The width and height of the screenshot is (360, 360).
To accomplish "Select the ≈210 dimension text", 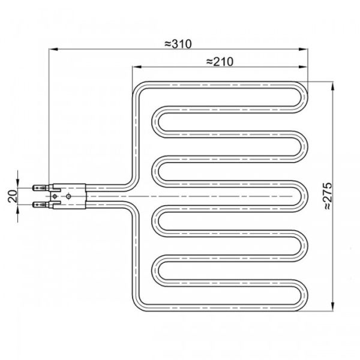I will tap(218, 61).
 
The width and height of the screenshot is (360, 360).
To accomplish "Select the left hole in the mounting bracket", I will tap(56, 196).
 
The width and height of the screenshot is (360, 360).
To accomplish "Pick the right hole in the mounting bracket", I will tap(70, 196).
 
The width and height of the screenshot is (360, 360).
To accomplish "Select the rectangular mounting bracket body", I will tap(68, 196).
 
